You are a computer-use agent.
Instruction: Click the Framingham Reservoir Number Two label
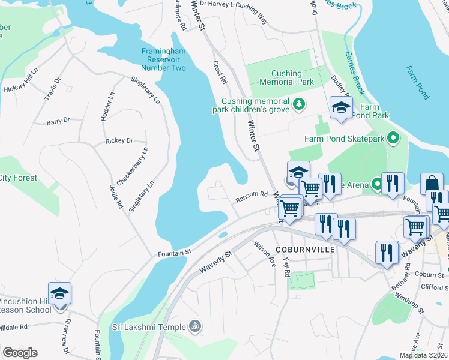pos(164,59)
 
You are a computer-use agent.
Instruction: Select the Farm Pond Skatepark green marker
pos(393,139)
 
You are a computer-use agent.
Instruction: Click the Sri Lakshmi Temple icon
pos(194,327)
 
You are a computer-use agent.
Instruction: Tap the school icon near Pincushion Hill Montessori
pos(60,293)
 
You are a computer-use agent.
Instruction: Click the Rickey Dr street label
pos(119,141)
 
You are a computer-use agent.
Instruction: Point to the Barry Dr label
pos(58,121)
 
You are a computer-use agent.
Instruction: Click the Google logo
pos(20,353)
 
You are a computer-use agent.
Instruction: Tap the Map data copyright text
pos(422,355)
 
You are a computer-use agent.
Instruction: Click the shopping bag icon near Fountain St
pos(432,184)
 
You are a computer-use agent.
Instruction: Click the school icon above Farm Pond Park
pos(341,108)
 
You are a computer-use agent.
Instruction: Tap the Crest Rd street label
pos(220,71)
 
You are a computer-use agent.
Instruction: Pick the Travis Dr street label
pos(53,89)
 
